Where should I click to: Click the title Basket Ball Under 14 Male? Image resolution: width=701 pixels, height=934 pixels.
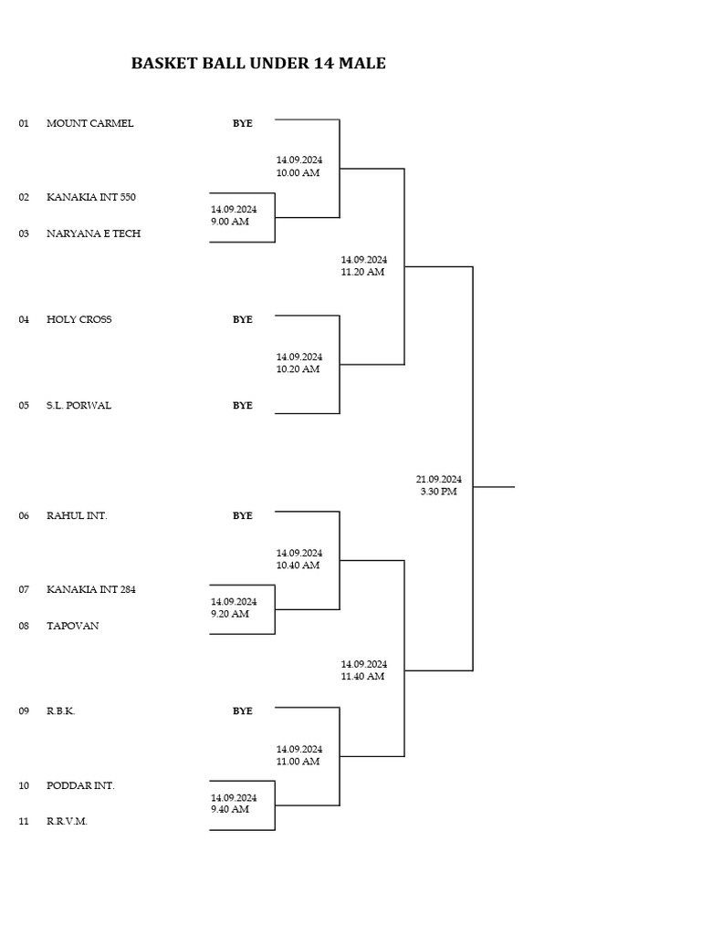(x=258, y=64)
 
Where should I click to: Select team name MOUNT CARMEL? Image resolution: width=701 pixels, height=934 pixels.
(x=89, y=123)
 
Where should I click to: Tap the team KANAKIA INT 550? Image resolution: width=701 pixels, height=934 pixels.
(x=91, y=197)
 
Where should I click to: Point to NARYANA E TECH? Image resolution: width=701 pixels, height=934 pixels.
(x=93, y=233)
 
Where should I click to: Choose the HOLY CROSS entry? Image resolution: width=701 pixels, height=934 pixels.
(x=79, y=319)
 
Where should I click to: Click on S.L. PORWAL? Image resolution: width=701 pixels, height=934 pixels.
(x=78, y=405)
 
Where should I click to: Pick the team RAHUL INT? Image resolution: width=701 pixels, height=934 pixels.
(x=77, y=515)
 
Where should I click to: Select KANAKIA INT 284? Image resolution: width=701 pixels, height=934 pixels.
(x=91, y=589)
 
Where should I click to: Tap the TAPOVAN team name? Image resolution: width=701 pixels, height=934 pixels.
(x=73, y=626)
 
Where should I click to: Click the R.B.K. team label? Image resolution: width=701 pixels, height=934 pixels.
(x=60, y=711)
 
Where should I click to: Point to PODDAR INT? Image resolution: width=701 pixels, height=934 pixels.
(x=80, y=785)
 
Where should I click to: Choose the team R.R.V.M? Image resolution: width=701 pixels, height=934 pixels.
(x=67, y=821)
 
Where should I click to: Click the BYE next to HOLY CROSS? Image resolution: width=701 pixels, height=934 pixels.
(x=242, y=319)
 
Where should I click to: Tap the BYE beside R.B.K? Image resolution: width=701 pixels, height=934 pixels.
(x=242, y=711)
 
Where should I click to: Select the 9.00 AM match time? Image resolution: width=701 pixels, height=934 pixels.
(x=230, y=222)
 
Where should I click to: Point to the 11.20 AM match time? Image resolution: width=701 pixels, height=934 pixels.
(x=363, y=272)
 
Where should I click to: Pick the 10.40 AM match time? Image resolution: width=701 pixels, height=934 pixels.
(x=298, y=566)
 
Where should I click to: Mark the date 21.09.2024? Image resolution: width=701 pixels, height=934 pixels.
(x=439, y=479)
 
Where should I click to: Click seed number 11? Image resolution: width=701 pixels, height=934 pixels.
(x=24, y=821)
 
